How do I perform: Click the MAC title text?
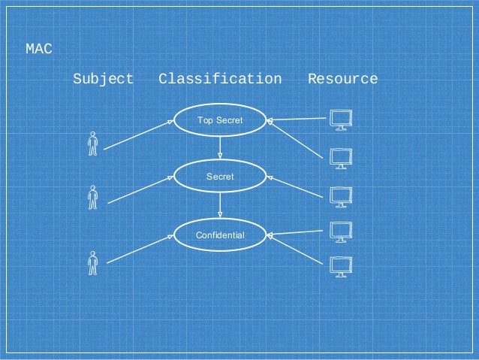39,50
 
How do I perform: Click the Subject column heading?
104,79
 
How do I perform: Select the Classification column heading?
220,79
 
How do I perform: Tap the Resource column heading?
342,79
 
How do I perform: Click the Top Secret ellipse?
220,120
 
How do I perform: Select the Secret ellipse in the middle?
220,177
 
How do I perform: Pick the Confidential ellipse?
220,235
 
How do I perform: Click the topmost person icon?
93,143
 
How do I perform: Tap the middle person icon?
93,197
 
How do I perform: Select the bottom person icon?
93,263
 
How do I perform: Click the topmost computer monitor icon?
342,119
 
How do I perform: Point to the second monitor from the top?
342,159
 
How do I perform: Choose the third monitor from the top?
342,195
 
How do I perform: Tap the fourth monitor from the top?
342,231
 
